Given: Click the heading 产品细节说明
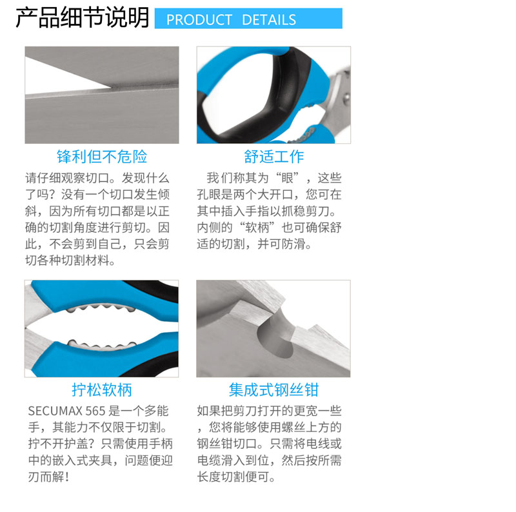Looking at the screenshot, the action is click(83, 17).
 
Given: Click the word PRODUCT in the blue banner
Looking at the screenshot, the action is click(199, 20).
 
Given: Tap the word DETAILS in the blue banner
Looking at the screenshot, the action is click(269, 20).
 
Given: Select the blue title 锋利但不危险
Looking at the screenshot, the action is click(102, 156).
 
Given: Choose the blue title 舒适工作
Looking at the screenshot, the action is click(273, 156).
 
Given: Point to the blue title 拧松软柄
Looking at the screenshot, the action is click(102, 390).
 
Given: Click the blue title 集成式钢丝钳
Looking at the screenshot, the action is click(273, 390).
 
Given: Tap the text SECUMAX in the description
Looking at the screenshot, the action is click(55, 411).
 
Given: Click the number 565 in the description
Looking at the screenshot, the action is click(95, 411).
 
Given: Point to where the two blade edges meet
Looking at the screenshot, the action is click(111, 88).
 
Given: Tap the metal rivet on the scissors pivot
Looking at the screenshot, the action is click(346, 98).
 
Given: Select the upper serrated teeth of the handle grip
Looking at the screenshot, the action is click(101, 308).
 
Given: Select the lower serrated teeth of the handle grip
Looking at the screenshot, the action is click(102, 345).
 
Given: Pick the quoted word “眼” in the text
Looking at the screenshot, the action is click(287, 178).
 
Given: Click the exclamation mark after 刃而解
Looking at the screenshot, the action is click(67, 477).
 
